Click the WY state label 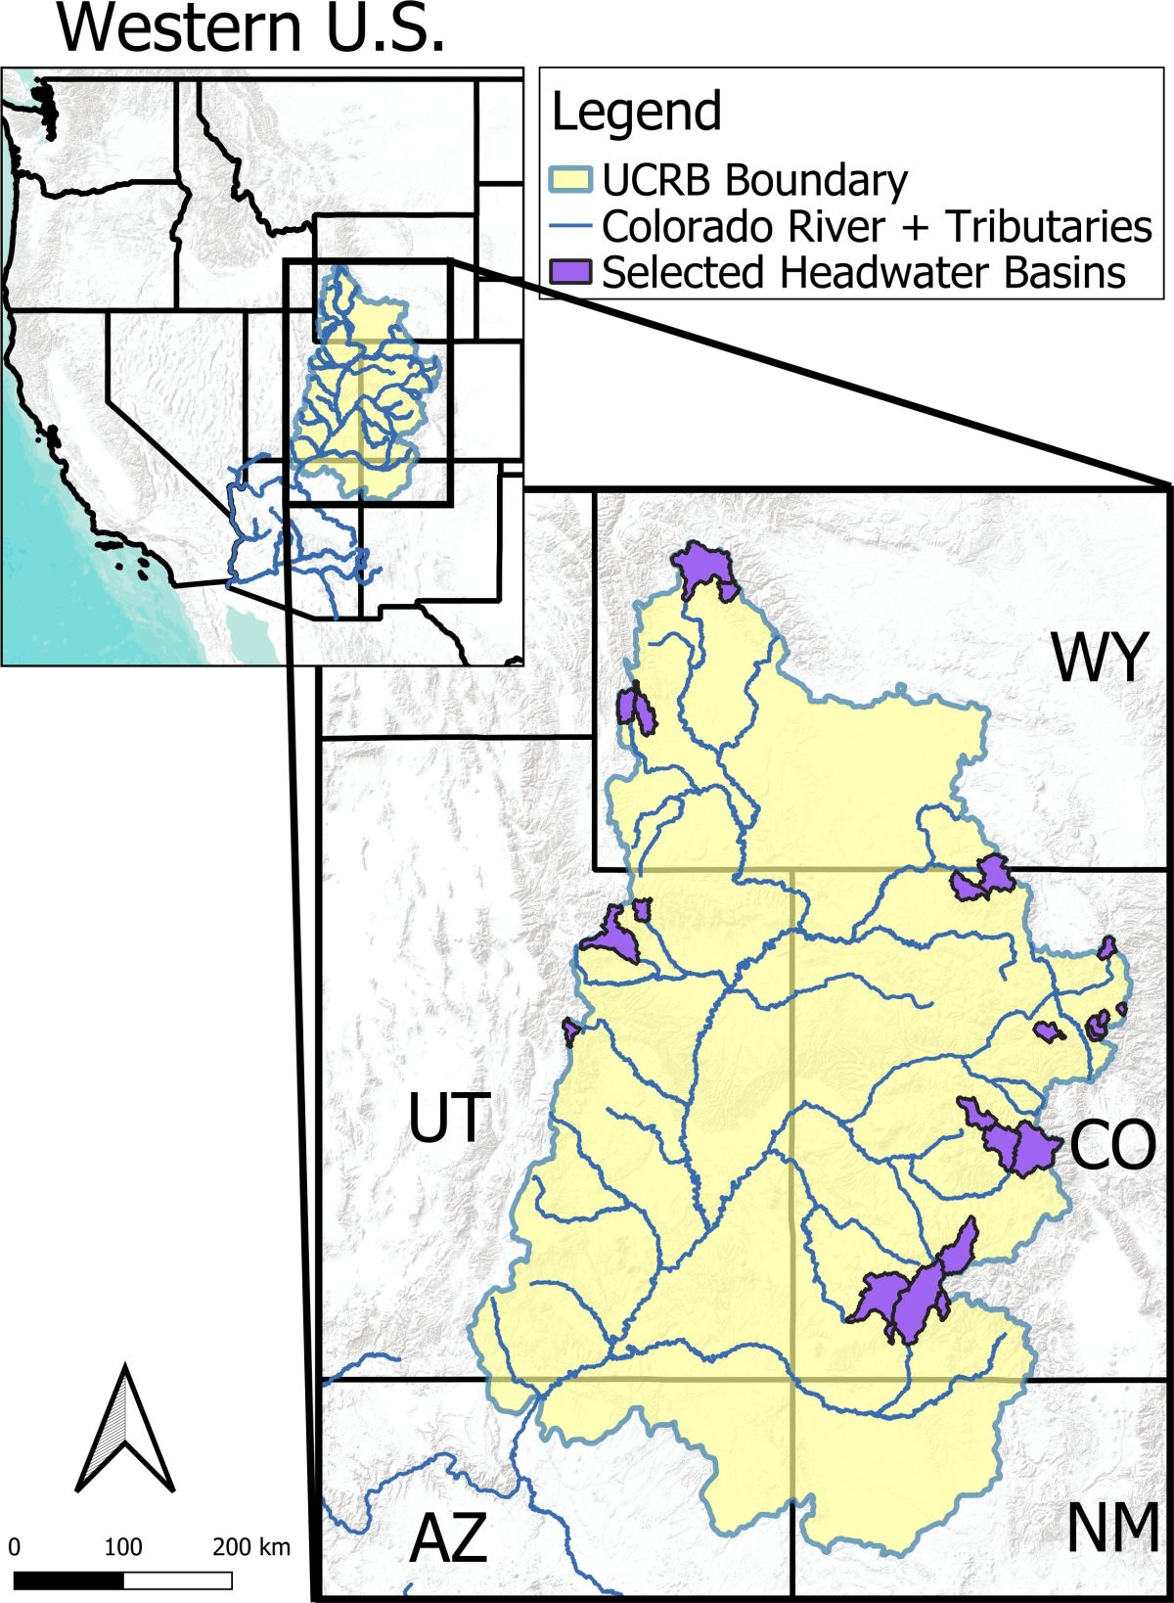point(1098,658)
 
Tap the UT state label point(447,1118)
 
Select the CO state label point(1112,1145)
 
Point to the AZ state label point(447,1537)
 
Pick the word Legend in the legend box point(636,112)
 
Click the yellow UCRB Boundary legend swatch point(570,180)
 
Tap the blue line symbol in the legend point(570,227)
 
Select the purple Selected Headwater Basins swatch point(570,272)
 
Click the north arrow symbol point(125,1428)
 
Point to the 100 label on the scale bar point(123,1547)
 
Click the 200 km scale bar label point(250,1547)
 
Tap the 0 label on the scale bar point(15,1547)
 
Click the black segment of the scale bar point(68,1580)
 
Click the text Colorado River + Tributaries point(877,227)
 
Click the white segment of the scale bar point(178,1580)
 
